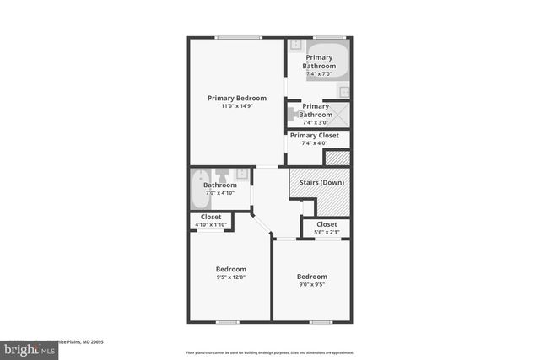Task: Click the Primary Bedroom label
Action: point(237,99)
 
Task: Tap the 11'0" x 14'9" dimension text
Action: point(237,107)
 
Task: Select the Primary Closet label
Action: point(314,135)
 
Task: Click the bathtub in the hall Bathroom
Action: point(199,189)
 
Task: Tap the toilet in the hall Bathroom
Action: point(241,174)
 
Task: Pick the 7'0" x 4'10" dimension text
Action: point(219,193)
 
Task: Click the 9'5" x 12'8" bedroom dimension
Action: point(230,277)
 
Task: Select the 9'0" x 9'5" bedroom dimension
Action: point(311,284)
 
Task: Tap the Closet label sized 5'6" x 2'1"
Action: point(327,224)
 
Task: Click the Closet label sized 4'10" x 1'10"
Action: point(211,217)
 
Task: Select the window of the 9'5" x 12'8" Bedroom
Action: point(227,321)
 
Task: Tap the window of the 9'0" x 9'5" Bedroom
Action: point(321,321)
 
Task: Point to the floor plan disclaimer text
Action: point(269,352)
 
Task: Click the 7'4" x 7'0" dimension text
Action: point(320,74)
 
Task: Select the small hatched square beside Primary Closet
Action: point(337,158)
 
